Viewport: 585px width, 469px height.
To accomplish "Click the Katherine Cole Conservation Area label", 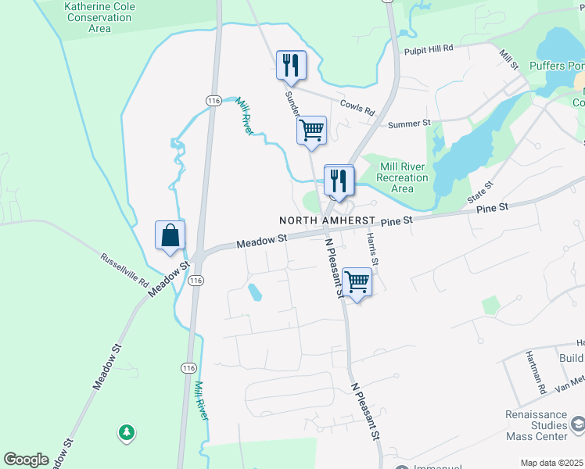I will pos(99,17).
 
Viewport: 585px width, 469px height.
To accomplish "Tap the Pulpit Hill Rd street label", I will pos(429,48).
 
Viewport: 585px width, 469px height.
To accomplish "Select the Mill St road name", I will pos(510,60).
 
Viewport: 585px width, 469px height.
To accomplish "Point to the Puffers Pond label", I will pos(556,66).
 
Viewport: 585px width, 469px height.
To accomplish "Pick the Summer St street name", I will pos(410,124).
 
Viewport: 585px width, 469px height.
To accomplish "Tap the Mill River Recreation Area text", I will pos(402,177).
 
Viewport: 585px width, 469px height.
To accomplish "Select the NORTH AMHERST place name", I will pos(328,221).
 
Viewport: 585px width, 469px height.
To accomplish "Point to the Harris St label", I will pos(373,249).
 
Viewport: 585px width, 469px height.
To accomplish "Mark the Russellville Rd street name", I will pos(124,268).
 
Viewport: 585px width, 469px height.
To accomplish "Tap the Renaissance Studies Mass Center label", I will pos(535,425).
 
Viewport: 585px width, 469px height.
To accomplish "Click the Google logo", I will pos(26,460).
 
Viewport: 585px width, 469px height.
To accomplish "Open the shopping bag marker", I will pos(170,234).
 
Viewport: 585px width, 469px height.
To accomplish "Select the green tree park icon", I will pos(126,431).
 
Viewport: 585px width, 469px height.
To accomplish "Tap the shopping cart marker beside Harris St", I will pos(357,282).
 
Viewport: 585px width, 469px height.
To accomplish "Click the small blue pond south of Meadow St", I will pos(254,293).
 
